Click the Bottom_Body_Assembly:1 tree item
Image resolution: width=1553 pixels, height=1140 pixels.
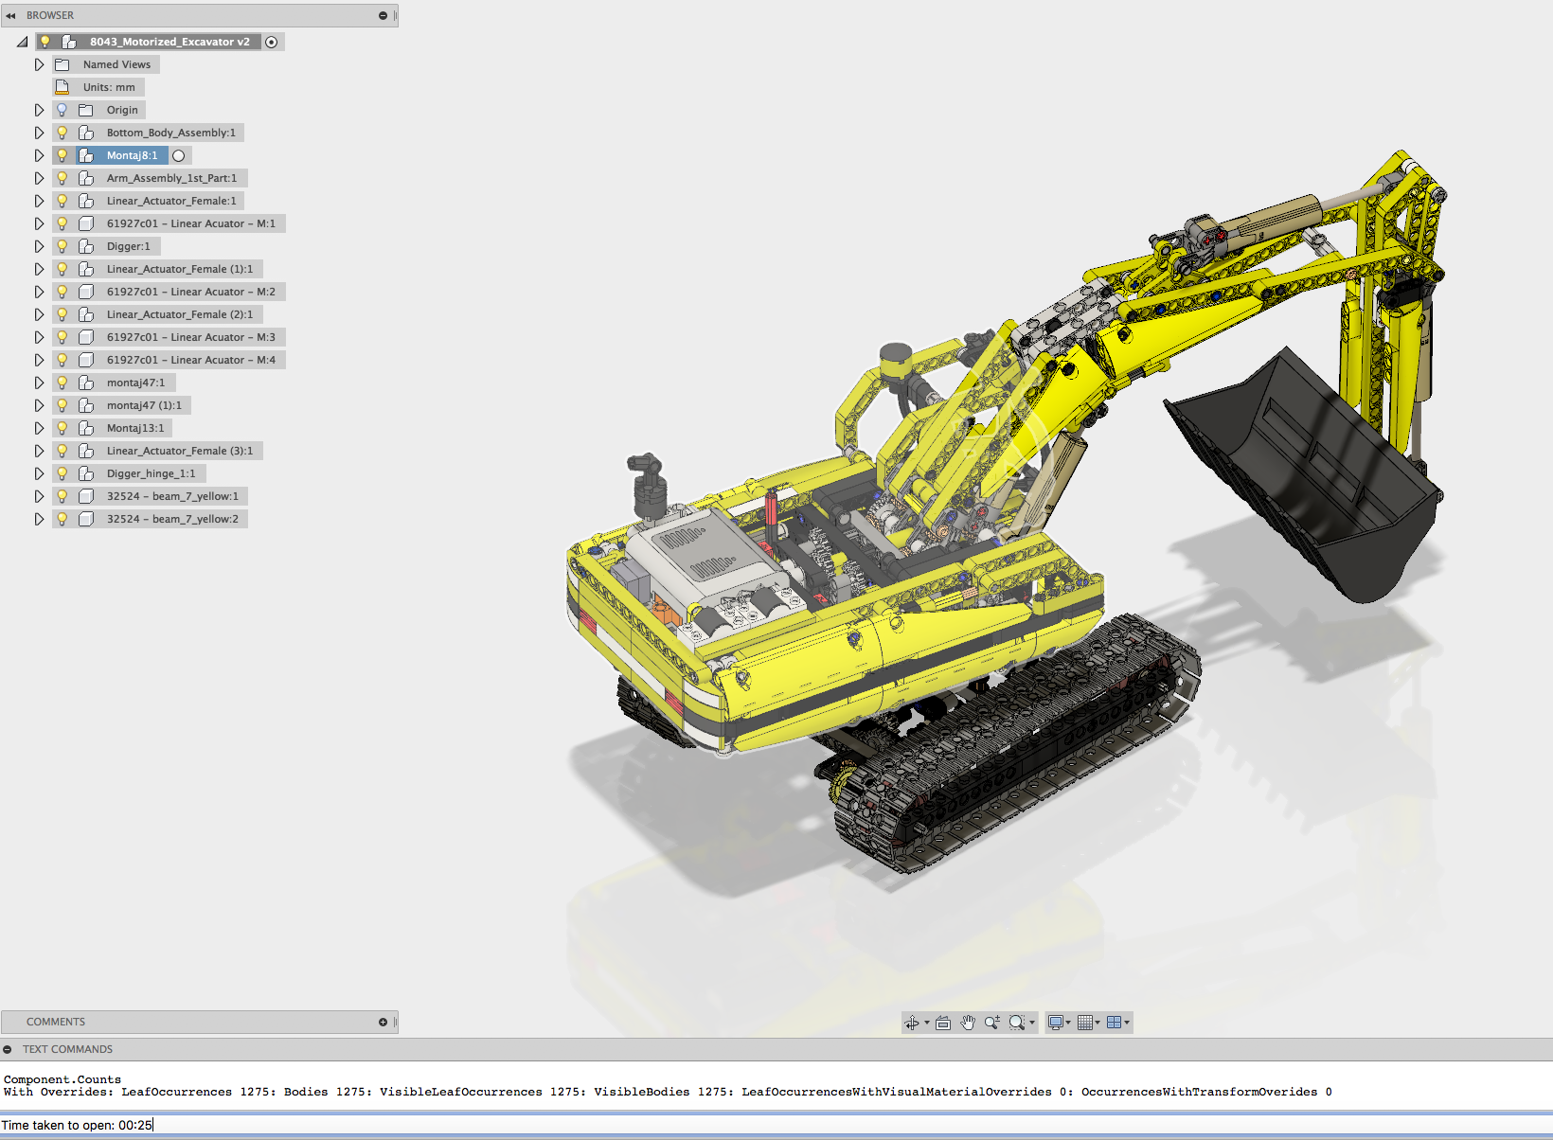click(170, 133)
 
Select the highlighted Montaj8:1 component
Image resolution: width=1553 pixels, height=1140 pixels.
click(132, 155)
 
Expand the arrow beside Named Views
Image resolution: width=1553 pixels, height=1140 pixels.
click(39, 64)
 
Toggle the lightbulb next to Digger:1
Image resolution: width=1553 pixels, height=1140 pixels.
click(62, 246)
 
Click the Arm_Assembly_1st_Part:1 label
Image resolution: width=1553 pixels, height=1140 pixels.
click(171, 178)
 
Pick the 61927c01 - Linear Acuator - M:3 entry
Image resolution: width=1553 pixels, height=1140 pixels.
click(190, 337)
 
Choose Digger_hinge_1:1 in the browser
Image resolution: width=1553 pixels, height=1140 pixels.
click(151, 473)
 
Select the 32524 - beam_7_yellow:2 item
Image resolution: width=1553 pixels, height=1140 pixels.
click(172, 519)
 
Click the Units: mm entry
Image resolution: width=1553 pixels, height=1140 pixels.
click(109, 87)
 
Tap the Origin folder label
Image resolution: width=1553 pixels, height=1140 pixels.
click(122, 110)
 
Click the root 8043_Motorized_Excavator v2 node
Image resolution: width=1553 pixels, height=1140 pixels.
click(170, 42)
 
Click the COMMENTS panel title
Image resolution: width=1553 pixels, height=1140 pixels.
click(56, 1022)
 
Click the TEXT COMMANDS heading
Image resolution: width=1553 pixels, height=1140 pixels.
click(67, 1049)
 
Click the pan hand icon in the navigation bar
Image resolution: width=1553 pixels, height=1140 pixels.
click(967, 1023)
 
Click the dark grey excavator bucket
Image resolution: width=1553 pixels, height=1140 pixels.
click(1316, 473)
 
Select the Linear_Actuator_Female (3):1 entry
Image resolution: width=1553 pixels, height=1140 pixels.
click(179, 451)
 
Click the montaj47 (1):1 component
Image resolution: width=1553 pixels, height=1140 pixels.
click(144, 405)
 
